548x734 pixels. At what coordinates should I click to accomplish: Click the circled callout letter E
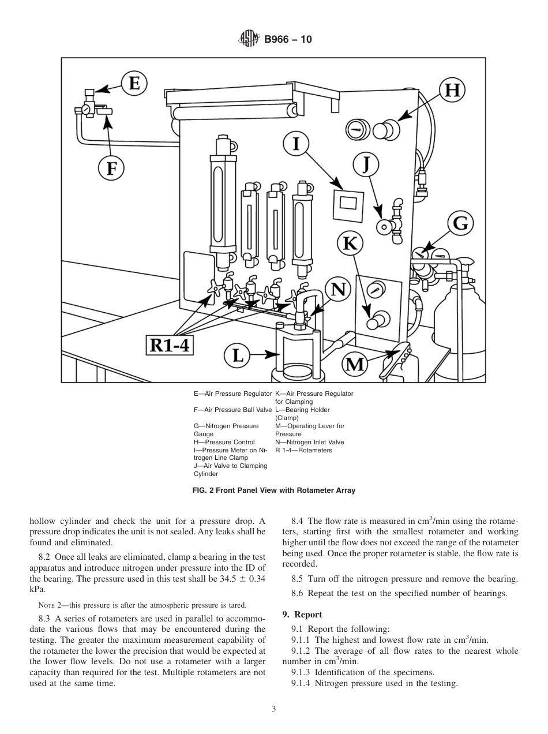coord(133,84)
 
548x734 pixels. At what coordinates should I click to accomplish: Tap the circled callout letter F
coord(111,168)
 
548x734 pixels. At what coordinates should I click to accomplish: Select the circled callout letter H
coord(453,90)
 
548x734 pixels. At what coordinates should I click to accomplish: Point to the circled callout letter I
coord(296,143)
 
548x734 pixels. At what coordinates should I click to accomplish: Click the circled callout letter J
coord(365,164)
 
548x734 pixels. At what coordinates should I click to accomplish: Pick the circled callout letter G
coord(460,223)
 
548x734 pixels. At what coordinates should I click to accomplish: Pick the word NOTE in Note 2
coord(46,605)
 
